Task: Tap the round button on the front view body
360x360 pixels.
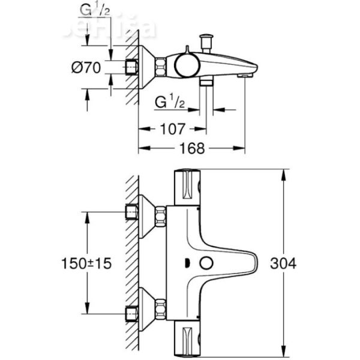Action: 208,263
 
